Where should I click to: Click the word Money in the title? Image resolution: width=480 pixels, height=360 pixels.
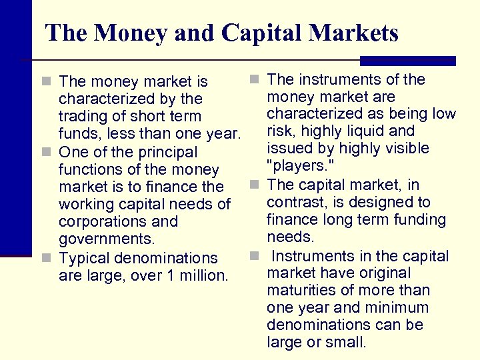(129, 33)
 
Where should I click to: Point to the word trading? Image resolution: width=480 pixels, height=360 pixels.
(83, 117)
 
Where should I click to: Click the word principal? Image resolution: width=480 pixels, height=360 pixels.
(167, 153)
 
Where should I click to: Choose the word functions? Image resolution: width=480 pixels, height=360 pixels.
(91, 170)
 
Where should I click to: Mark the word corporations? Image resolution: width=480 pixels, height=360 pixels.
(119, 222)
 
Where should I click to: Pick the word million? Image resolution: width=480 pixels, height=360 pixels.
(203, 275)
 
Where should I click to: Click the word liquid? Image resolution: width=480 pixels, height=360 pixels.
(369, 131)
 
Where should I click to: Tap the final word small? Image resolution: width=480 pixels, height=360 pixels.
(346, 343)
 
